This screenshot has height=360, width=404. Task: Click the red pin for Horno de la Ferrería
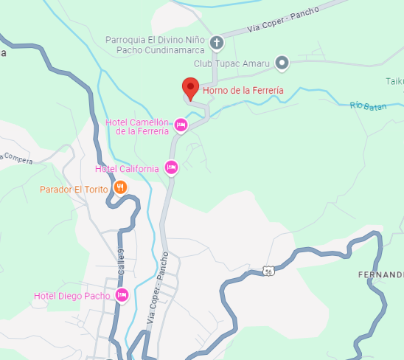coord(191,88)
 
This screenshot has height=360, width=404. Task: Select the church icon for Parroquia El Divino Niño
coord(217,43)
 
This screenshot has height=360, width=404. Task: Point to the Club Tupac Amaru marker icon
coord(282,63)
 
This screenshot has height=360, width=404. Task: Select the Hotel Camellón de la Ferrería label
coord(137,126)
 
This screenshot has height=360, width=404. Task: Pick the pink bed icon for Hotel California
coord(171,167)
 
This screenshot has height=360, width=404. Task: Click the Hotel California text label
coord(127,169)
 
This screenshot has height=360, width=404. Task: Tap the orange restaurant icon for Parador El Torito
coord(120,188)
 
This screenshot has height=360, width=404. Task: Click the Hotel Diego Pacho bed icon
coord(122,295)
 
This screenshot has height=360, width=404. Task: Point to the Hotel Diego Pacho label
coord(72,297)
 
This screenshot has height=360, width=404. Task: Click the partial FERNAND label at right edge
coord(380,274)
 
